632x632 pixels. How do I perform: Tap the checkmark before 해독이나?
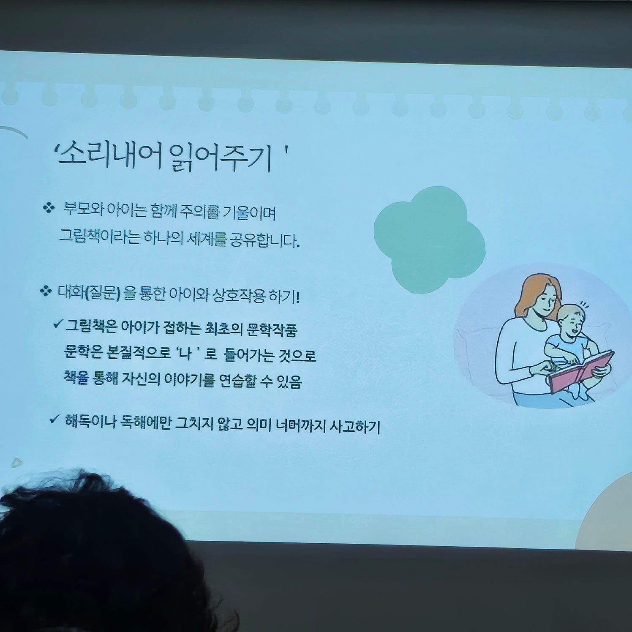click(54, 419)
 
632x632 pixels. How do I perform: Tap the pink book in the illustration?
click(581, 372)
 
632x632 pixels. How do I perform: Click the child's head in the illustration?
click(570, 319)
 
